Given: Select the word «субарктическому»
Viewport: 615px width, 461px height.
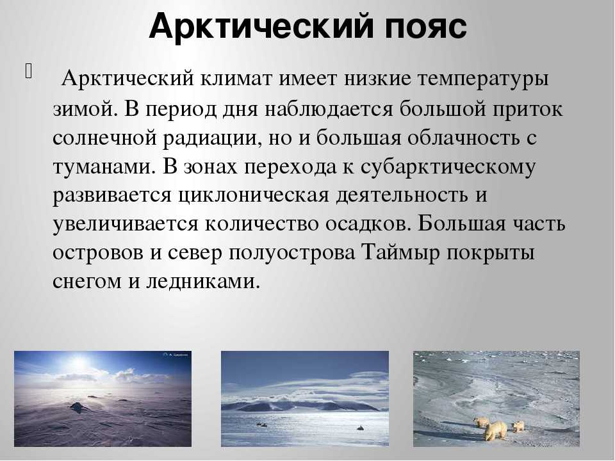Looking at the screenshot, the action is pyautogui.click(x=448, y=168).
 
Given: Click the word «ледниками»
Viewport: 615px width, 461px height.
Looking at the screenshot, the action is pyautogui.click(x=203, y=282).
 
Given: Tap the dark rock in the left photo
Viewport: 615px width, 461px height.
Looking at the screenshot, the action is pyautogui.click(x=79, y=407).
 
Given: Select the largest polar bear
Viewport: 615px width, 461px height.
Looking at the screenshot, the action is pyautogui.click(x=494, y=430).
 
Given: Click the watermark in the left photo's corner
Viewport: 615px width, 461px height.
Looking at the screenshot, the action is pyautogui.click(x=175, y=355).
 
